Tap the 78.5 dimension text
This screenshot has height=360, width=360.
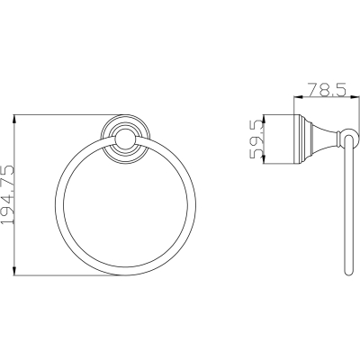327,90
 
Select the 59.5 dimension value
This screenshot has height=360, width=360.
256,139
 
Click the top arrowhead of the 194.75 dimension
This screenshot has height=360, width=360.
14,120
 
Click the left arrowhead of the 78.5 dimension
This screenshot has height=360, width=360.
298,96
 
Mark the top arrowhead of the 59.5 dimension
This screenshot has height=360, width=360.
263,119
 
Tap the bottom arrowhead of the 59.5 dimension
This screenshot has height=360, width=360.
263,159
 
